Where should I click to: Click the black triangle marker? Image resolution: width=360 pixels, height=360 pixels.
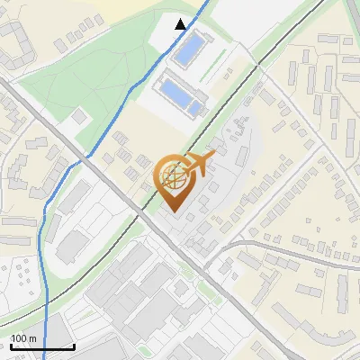click(x=181, y=24)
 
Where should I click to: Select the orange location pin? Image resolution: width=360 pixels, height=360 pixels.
click(x=176, y=180)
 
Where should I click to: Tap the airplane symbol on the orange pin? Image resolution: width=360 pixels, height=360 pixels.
click(x=199, y=163)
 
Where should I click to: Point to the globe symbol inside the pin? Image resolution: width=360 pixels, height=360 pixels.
click(x=175, y=175)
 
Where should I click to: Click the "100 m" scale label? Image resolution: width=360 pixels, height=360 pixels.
click(x=23, y=338)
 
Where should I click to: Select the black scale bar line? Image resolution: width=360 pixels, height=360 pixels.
click(x=41, y=346)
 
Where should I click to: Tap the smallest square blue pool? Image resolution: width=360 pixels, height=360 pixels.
click(x=195, y=108)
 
